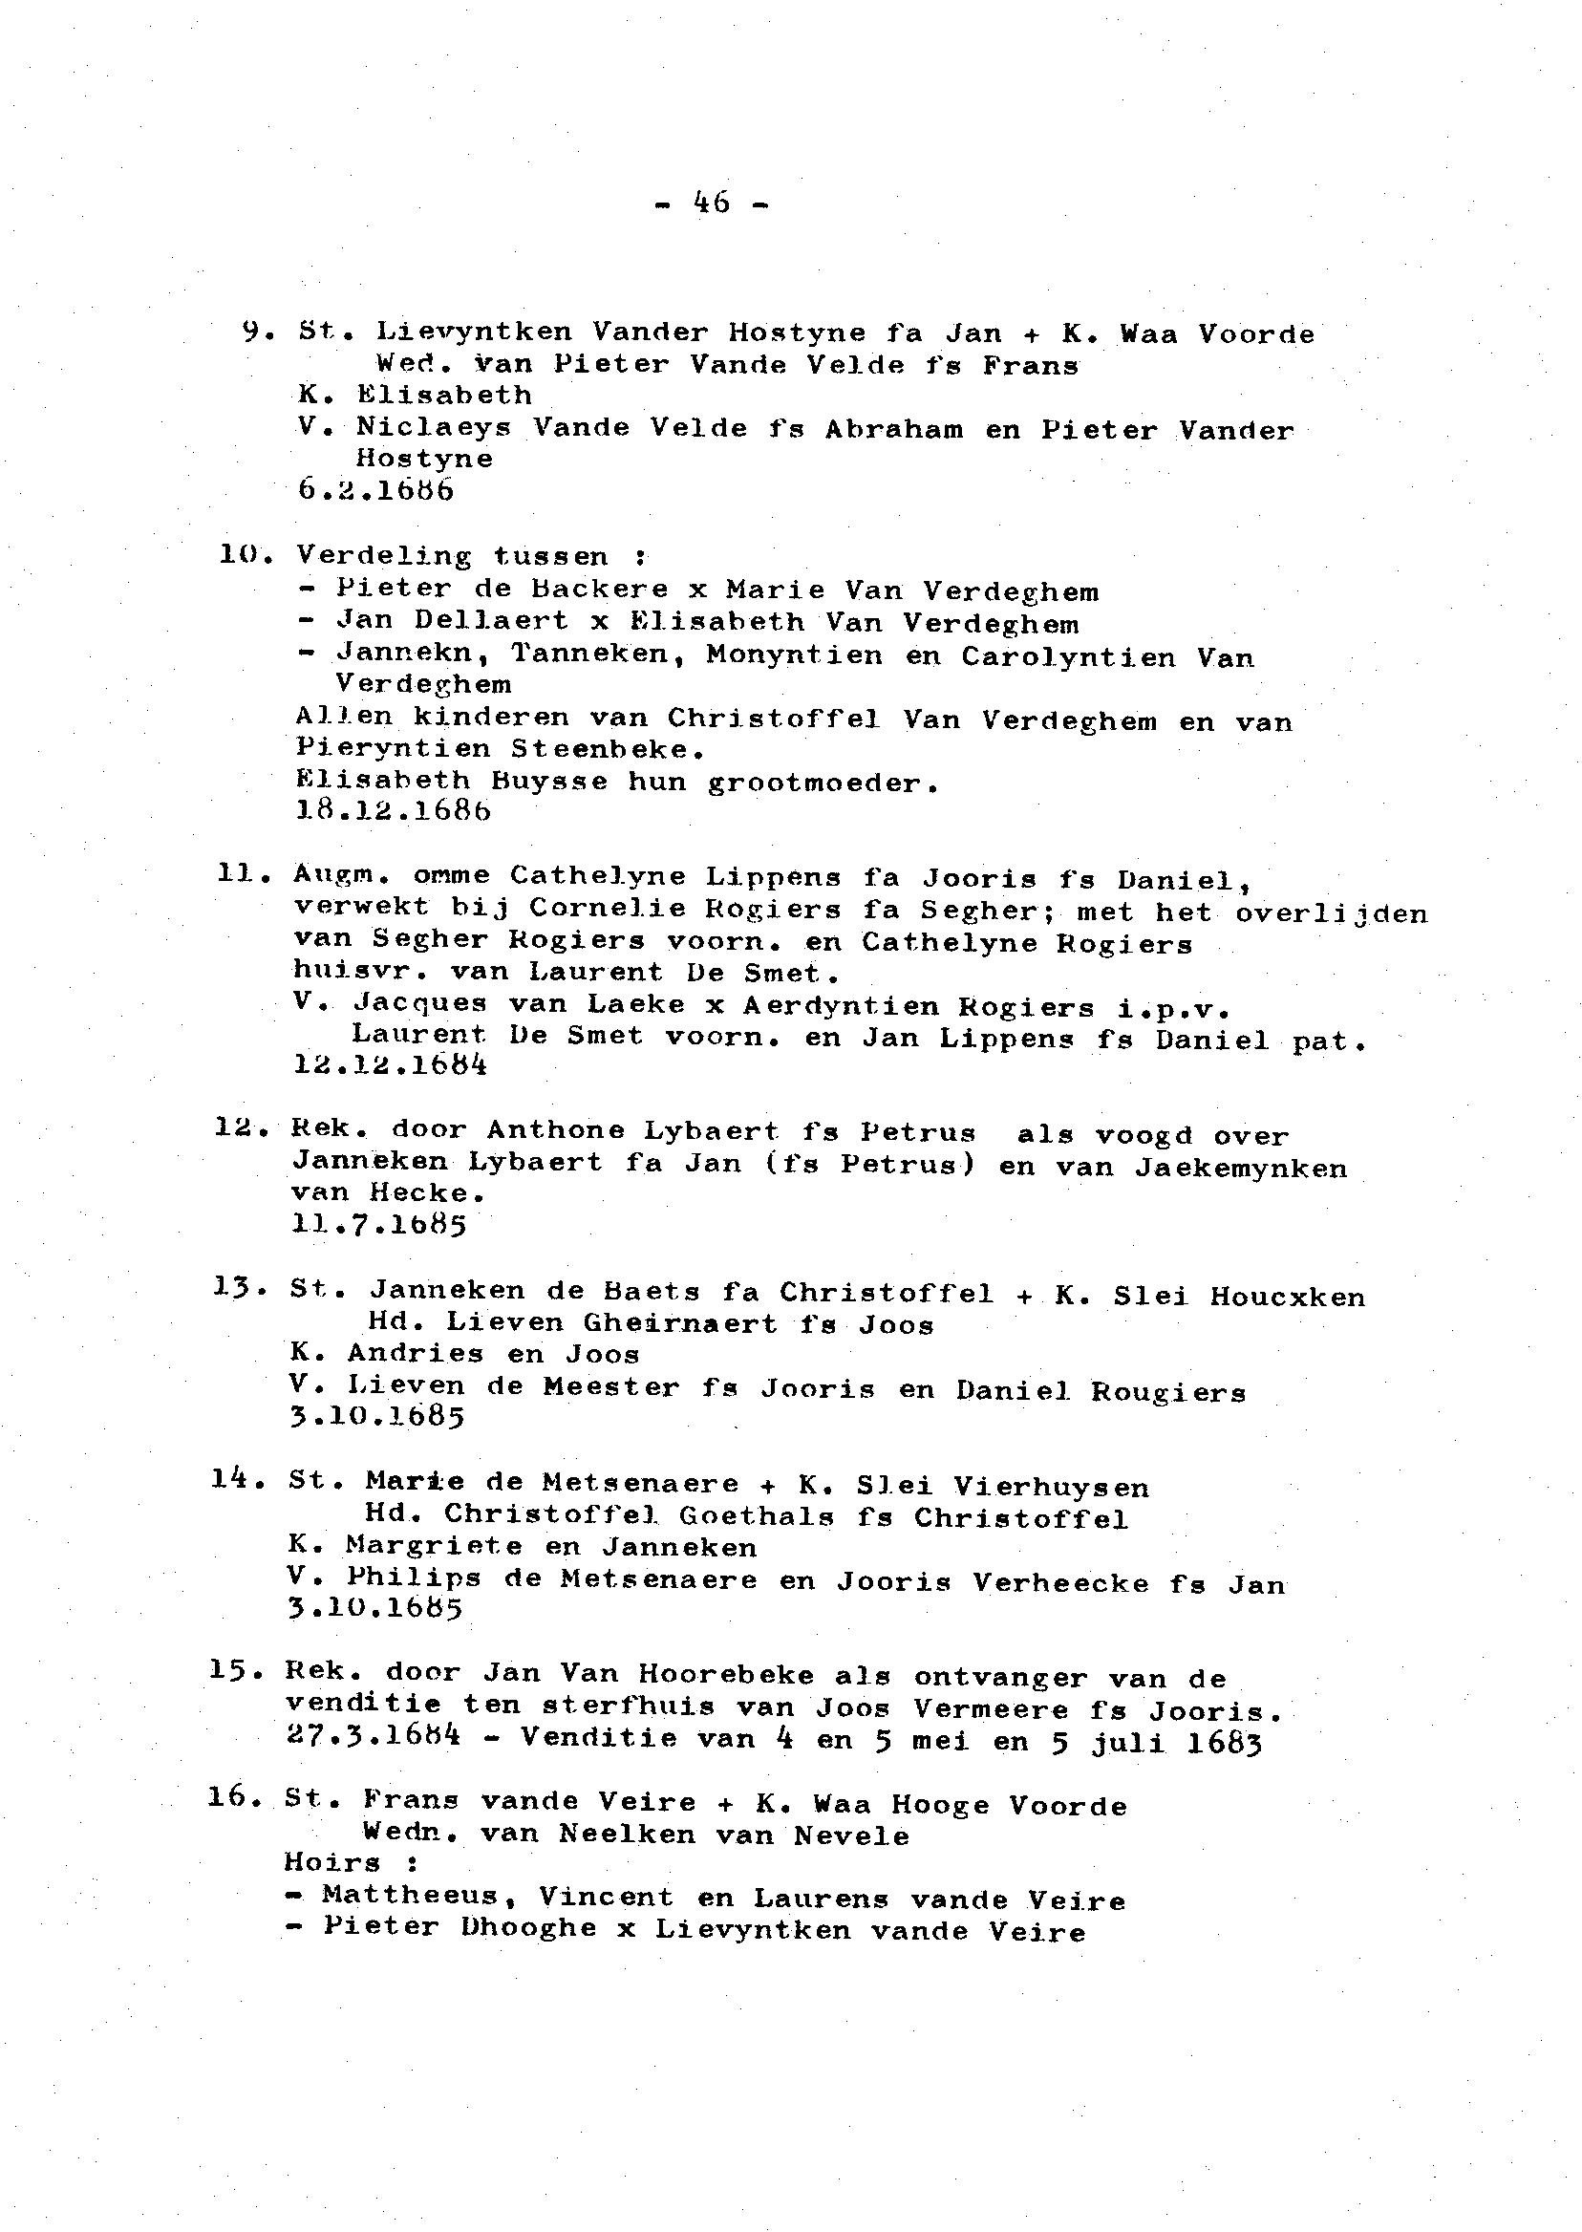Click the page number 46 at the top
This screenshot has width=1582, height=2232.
[711, 203]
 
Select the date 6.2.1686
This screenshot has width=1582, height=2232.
[376, 490]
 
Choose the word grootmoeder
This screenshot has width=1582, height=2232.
[823, 783]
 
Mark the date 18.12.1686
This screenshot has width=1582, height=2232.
[393, 810]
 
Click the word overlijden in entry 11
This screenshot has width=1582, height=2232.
[1331, 913]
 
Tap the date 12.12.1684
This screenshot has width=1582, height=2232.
[390, 1064]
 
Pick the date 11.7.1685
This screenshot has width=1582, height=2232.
[379, 1225]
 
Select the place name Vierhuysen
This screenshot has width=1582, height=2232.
[1051, 1488]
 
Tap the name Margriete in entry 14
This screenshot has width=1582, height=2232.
[435, 1546]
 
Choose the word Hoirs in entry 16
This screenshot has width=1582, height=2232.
[331, 1863]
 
